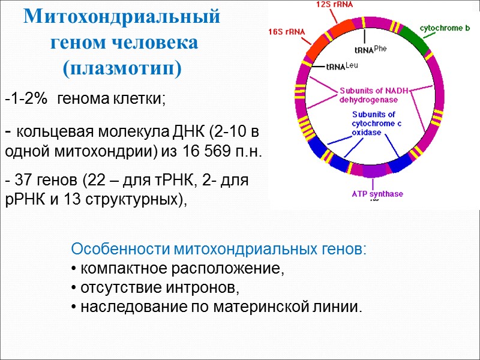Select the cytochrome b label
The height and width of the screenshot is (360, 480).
[x=445, y=28]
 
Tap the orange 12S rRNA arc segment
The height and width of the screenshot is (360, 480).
[x=340, y=29]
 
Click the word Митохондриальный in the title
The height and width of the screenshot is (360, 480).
[x=122, y=17]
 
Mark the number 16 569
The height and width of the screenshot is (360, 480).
[x=220, y=151]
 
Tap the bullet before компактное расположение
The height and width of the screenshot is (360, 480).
[x=73, y=269]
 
